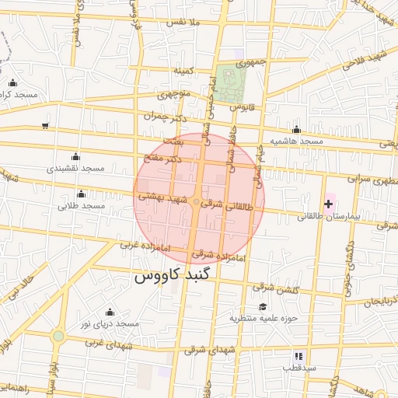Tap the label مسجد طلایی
pyautogui.click(x=81, y=206)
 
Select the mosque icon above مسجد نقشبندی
pyautogui.click(x=75, y=157)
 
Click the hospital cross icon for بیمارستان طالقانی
pyautogui.click(x=328, y=204)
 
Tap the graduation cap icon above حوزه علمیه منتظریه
pyautogui.click(x=262, y=306)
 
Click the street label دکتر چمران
pyautogui.click(x=166, y=116)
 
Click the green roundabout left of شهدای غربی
pyautogui.click(x=58, y=336)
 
